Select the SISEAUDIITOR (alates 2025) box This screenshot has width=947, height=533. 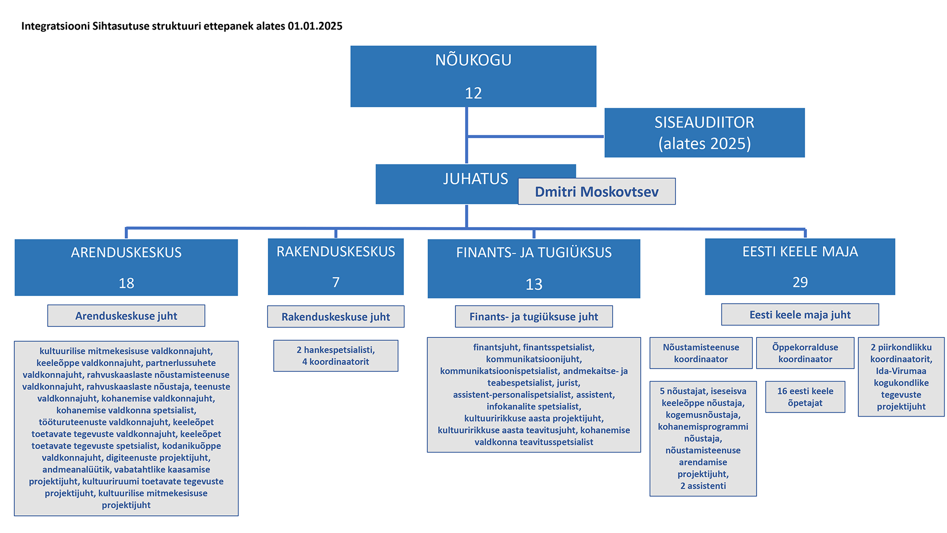(704, 133)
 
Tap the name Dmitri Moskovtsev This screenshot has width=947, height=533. (596, 191)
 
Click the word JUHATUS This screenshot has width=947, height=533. (475, 179)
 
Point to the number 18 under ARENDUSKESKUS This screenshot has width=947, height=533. (126, 283)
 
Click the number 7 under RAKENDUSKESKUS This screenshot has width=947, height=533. (335, 282)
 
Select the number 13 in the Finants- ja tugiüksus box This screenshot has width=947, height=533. (534, 284)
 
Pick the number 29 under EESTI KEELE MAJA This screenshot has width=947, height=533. (800, 282)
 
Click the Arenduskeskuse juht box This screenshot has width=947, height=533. (126, 316)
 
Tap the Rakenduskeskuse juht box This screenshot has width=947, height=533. (335, 317)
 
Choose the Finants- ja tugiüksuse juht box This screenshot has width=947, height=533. (534, 317)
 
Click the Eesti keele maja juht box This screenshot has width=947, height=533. (800, 315)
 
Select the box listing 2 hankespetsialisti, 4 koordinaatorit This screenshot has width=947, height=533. (335, 356)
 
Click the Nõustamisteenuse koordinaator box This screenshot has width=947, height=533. (701, 353)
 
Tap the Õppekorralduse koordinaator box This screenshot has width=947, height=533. (805, 353)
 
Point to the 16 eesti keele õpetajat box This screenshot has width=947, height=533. (805, 397)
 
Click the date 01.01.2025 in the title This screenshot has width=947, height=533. (315, 26)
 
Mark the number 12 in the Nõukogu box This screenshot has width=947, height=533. (473, 93)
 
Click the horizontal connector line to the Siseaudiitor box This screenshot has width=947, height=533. (535, 136)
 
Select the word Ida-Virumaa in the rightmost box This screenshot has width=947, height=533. (901, 371)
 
